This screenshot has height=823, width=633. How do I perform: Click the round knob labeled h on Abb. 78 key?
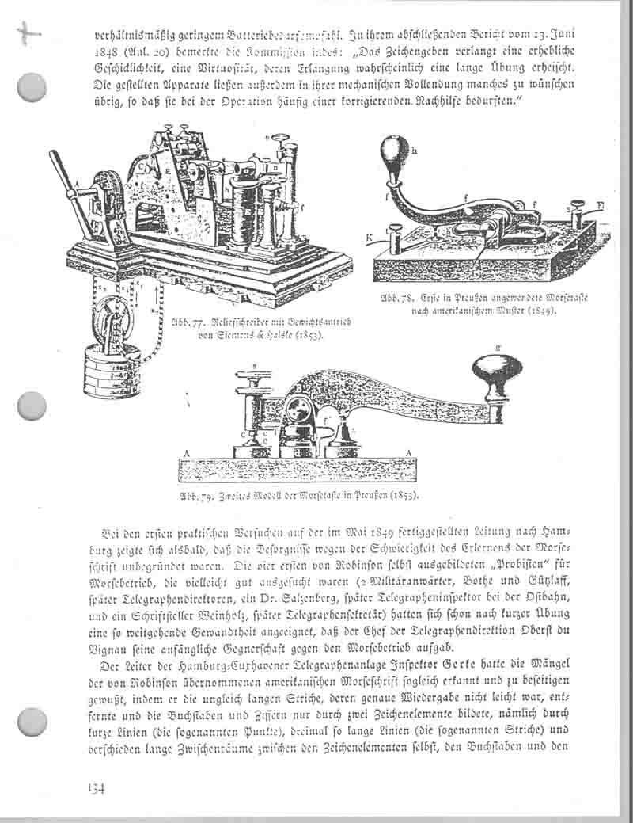click(392, 150)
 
